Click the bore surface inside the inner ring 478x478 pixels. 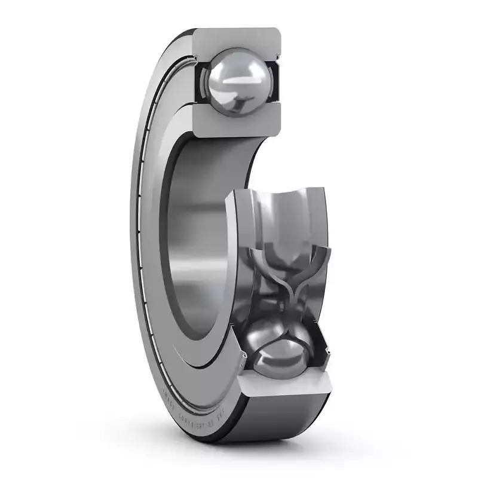197,239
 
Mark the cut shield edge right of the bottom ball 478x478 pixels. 323,353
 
